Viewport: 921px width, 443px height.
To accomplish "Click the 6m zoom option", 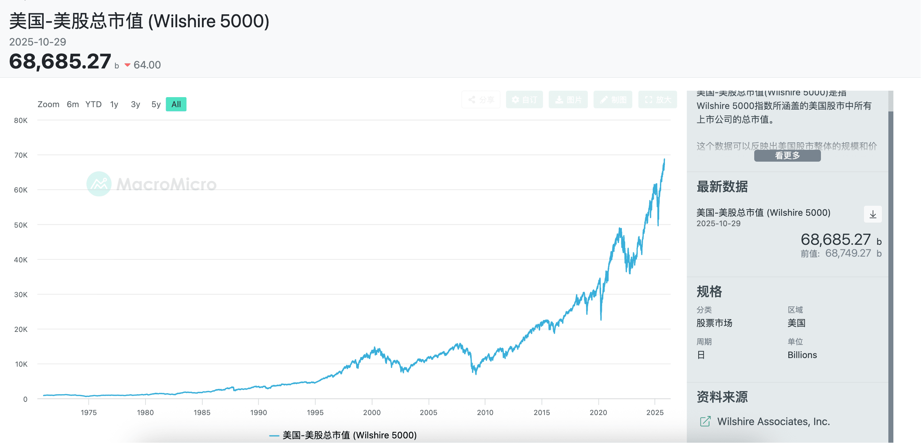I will (73, 104).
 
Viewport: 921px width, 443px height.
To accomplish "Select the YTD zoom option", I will (93, 104).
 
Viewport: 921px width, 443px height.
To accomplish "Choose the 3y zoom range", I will (135, 104).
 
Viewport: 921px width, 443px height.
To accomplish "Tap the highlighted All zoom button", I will (176, 104).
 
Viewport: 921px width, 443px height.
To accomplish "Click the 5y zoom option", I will (156, 104).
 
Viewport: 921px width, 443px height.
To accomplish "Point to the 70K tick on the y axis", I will (21, 155).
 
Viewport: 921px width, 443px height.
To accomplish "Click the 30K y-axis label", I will (21, 295).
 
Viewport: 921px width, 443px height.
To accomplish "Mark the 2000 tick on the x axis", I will (372, 413).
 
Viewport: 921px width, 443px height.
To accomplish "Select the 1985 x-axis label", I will (202, 413).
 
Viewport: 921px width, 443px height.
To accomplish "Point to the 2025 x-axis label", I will (655, 413).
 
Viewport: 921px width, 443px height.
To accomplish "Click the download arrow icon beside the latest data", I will (873, 214).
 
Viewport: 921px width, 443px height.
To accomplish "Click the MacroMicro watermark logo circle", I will (99, 184).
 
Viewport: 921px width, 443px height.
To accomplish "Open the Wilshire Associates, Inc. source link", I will (773, 421).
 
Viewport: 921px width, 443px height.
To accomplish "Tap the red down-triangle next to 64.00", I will (127, 65).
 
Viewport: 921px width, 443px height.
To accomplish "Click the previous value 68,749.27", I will (848, 253).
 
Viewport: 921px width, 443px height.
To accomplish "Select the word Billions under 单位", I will (802, 355).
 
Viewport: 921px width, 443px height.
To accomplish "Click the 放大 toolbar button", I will (657, 100).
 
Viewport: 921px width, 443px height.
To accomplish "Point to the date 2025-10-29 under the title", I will (38, 42).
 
